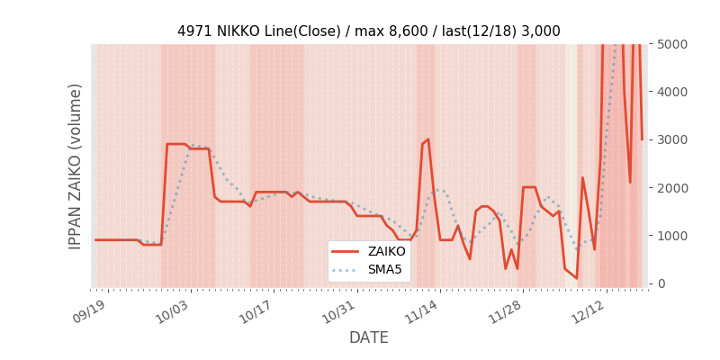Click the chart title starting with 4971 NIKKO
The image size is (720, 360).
[x=368, y=31]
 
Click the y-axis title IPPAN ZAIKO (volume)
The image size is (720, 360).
[x=76, y=166]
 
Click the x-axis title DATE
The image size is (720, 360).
[x=368, y=337]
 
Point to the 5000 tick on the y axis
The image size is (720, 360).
[x=671, y=44]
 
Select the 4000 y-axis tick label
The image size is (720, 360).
[x=671, y=92]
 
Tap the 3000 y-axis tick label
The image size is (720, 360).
[x=671, y=139]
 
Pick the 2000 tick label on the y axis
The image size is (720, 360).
[x=671, y=187]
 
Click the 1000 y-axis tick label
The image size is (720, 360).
[x=671, y=236]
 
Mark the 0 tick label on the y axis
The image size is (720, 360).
[x=661, y=283]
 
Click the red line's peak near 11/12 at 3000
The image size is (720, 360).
[x=428, y=139]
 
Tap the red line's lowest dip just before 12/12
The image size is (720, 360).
[x=576, y=278]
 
